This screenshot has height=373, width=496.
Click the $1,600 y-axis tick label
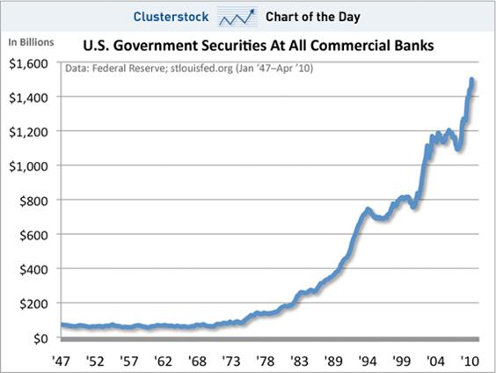tap(28, 63)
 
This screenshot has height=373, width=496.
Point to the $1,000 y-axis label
tap(28, 166)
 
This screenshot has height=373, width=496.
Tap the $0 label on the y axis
tap(40, 339)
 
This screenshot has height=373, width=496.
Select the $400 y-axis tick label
tap(33, 269)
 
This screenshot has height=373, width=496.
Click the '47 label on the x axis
tap(61, 361)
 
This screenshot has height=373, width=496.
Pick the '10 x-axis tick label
tap(470, 361)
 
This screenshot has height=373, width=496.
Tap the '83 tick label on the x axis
tap(299, 361)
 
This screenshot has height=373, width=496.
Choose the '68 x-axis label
tap(197, 361)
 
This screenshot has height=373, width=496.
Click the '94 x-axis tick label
tap(368, 361)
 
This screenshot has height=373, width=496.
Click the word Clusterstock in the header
tap(171, 17)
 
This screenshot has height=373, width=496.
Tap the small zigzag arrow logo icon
tap(237, 17)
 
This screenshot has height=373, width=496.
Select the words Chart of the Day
tap(313, 17)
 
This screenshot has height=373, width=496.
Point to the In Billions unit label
tap(31, 42)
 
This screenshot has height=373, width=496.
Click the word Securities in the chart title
tap(234, 46)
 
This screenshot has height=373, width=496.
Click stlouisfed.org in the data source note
tap(201, 69)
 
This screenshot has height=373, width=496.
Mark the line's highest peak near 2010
tap(471, 79)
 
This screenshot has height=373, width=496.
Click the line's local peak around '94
tap(368, 208)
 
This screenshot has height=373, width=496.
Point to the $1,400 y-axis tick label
tap(28, 98)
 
